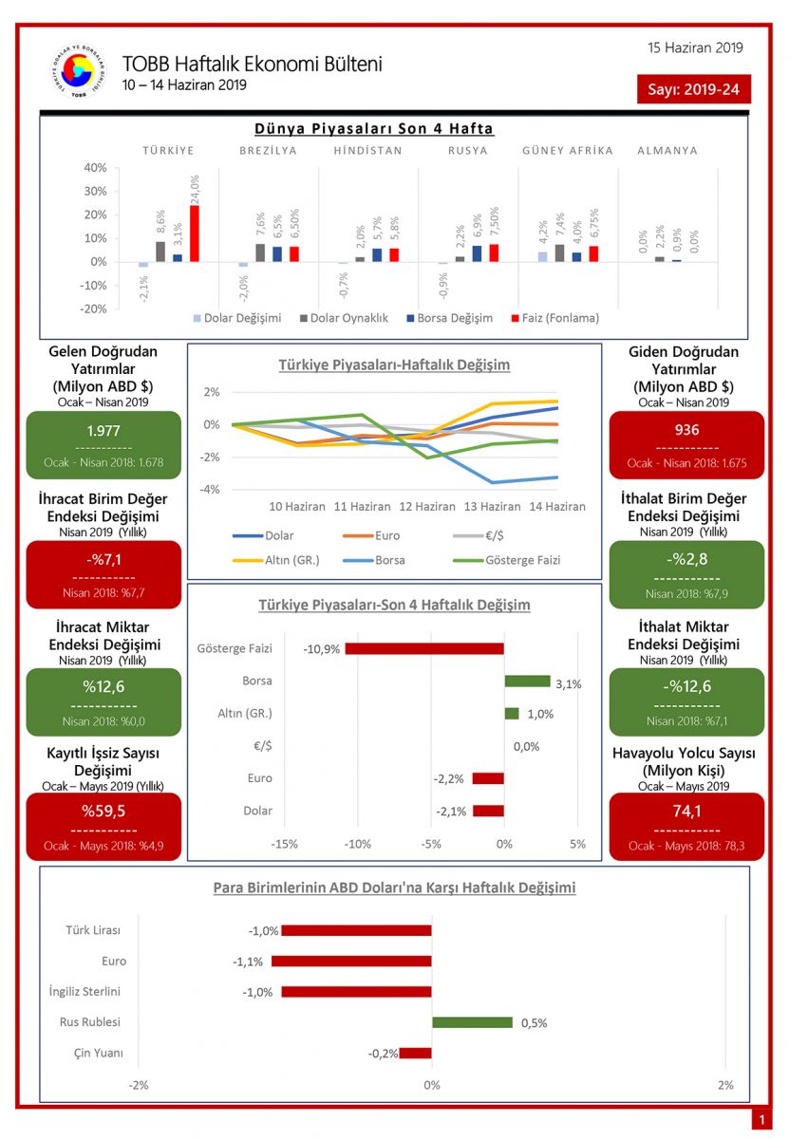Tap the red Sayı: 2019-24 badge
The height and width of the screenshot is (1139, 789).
(x=694, y=89)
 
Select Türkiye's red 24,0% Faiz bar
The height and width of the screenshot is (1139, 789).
(x=195, y=233)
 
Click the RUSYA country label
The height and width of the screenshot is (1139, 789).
(x=468, y=150)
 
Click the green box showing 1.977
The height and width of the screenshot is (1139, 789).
(x=103, y=444)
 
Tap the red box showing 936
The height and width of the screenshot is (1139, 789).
(x=686, y=444)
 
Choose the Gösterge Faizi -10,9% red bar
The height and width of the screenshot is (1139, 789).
(x=424, y=648)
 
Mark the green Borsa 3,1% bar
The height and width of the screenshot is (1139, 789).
(x=527, y=681)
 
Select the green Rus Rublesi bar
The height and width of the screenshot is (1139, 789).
(x=472, y=1022)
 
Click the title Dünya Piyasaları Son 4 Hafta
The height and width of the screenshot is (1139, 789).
(x=374, y=128)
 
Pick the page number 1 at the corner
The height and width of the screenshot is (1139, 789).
(x=761, y=1121)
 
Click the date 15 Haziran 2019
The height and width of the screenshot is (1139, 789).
(x=695, y=47)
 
